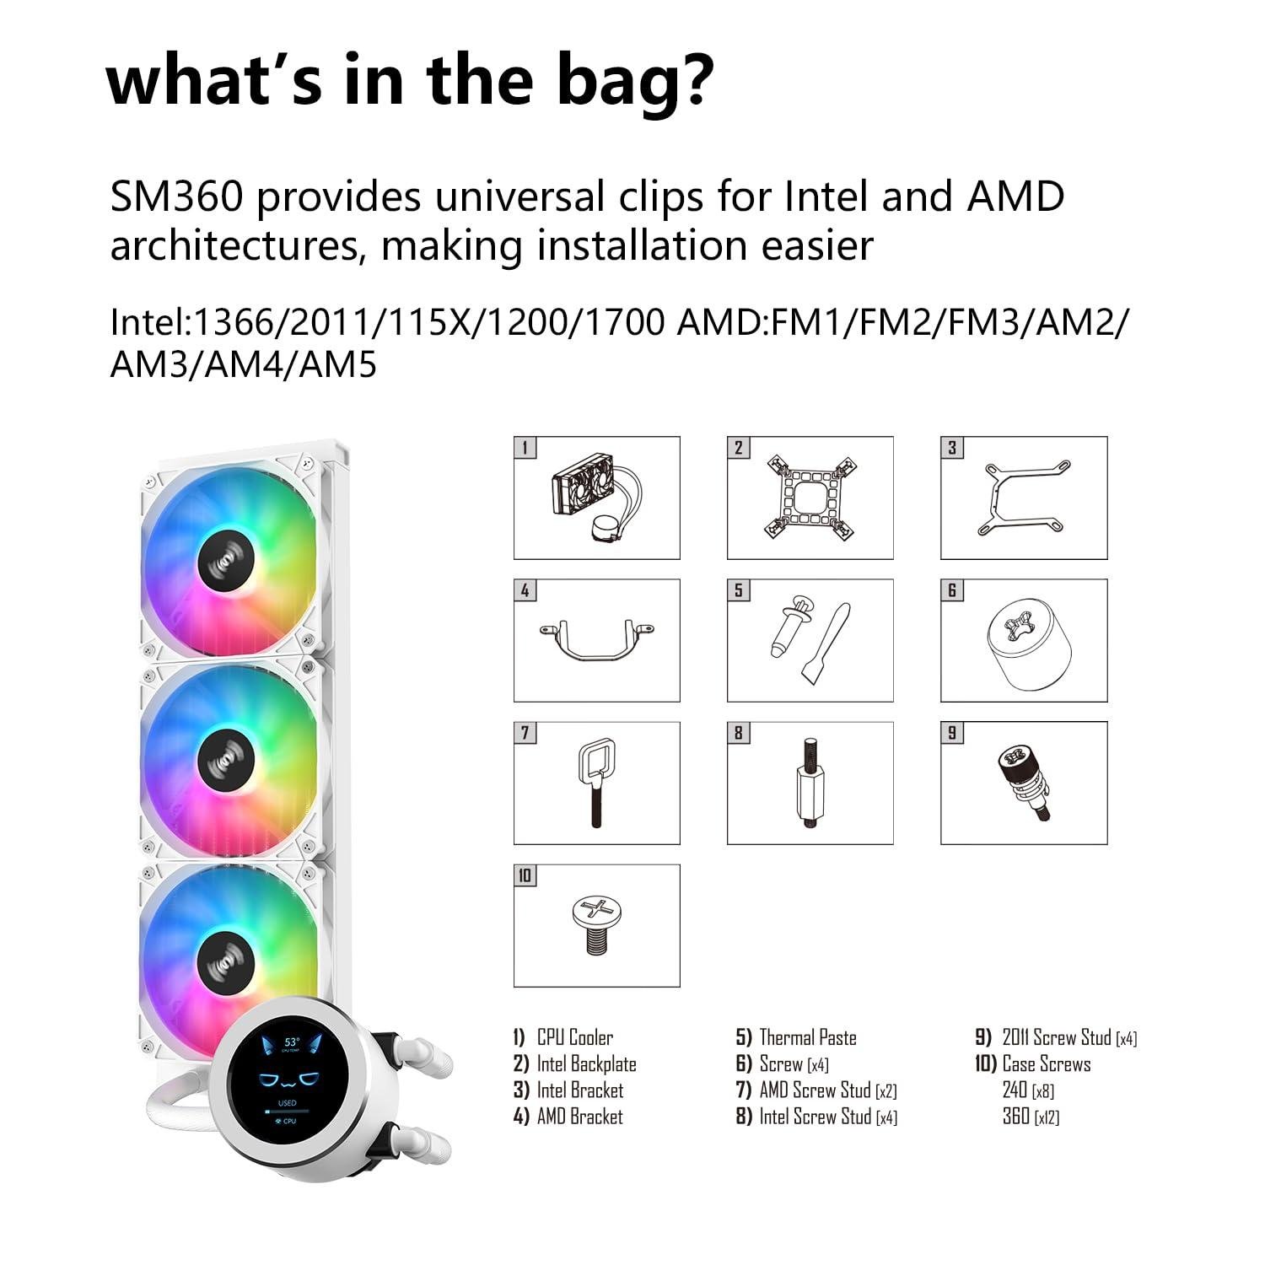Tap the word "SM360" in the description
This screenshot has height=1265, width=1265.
tap(177, 197)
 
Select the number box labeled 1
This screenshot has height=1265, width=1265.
tap(525, 447)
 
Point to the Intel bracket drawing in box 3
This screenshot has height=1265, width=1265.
tap(1024, 498)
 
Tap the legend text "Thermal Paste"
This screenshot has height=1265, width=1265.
tap(807, 1037)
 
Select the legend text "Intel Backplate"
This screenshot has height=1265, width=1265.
tap(586, 1064)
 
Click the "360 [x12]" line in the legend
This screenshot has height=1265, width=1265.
tap(1031, 1117)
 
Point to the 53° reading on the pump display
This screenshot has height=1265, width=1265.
tap(291, 1042)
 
